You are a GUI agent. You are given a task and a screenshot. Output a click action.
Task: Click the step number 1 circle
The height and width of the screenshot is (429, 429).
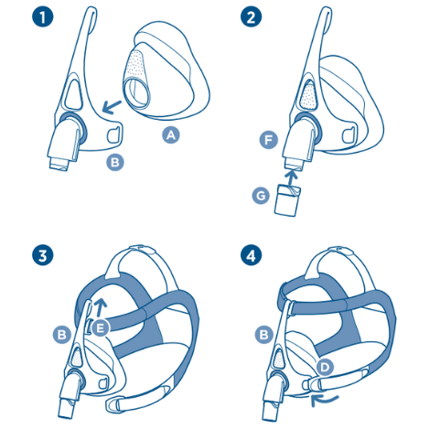43,16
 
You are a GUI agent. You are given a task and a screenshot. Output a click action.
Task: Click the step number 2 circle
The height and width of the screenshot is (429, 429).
251,16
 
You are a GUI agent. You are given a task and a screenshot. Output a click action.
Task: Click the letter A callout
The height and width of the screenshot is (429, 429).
171,134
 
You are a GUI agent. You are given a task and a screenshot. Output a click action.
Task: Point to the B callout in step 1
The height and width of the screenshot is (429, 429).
115,162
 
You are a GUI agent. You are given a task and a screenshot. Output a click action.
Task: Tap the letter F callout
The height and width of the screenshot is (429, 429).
268,140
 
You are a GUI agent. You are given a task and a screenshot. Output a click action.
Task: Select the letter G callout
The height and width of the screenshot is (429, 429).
261,195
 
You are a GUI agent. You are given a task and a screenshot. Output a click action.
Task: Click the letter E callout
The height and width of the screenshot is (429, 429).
101,328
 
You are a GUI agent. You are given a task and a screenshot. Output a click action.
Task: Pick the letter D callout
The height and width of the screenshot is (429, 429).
325,367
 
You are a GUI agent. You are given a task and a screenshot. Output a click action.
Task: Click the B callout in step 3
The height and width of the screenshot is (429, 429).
62,335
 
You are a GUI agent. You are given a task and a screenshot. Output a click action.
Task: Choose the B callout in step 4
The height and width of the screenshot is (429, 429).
264,335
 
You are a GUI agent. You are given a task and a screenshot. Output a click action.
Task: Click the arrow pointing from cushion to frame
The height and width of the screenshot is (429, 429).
111,107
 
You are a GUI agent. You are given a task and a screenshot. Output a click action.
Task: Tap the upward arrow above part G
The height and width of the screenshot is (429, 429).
292,177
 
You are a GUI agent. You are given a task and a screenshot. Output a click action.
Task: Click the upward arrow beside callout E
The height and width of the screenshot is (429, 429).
101,307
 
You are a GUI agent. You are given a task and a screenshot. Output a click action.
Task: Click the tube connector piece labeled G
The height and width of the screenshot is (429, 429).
287,200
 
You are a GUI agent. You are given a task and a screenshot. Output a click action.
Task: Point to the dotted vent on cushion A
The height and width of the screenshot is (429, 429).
135,66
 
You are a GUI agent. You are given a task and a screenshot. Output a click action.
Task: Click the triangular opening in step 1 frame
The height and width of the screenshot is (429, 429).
72,94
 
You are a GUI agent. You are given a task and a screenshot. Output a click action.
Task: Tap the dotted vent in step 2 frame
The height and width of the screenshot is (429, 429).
308,95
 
